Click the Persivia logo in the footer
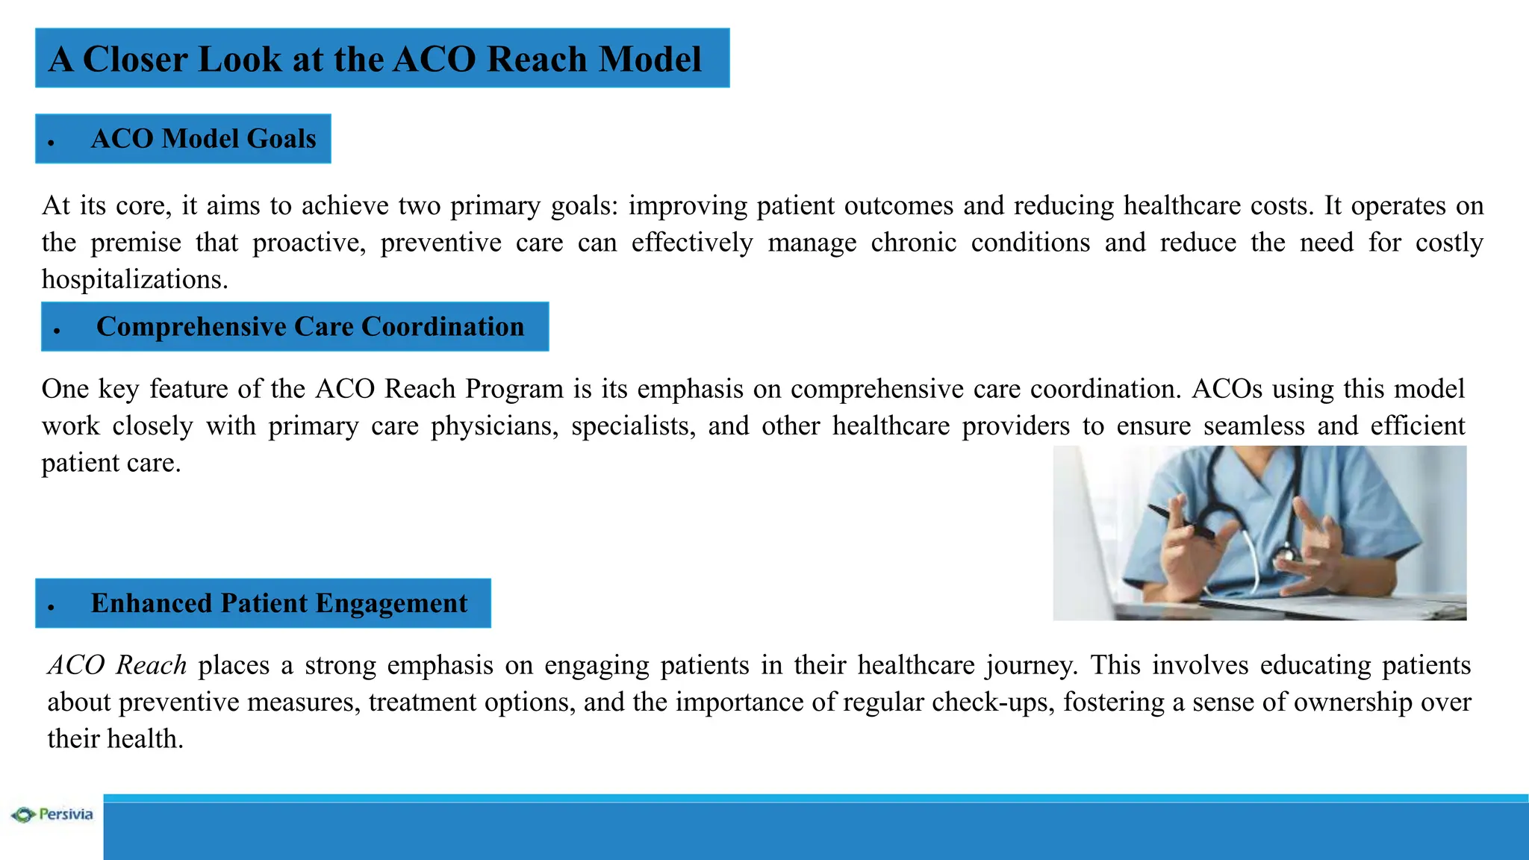coord(52,814)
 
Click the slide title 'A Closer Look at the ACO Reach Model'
coord(375,59)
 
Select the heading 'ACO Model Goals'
coord(203,139)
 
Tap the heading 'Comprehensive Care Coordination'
coord(310,327)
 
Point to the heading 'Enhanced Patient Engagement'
coord(278,603)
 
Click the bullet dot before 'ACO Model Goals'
coord(52,142)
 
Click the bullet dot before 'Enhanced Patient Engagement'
coord(52,607)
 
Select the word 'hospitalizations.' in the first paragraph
coord(134,279)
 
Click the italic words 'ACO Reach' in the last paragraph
coord(117,665)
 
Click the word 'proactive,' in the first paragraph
coord(309,243)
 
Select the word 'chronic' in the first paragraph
coord(913,243)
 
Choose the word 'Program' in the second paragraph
coord(514,389)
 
